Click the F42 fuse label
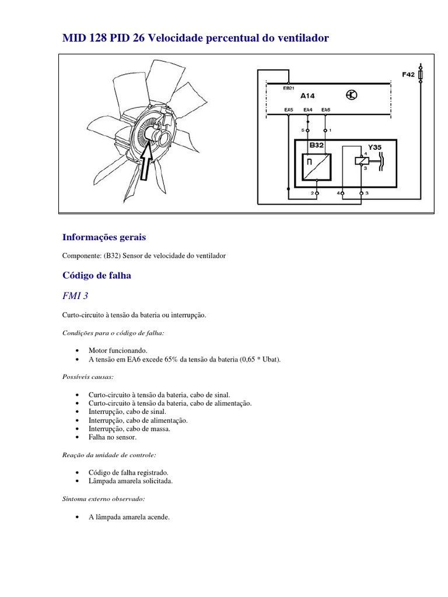409,75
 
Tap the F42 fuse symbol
421,75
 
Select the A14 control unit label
307,94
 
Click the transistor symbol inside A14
351,94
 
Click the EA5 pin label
289,110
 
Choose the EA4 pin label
308,110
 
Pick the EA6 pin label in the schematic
325,110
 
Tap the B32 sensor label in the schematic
316,145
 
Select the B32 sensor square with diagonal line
316,167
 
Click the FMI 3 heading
76,296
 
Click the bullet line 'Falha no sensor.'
112,437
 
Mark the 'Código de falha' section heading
97,275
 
